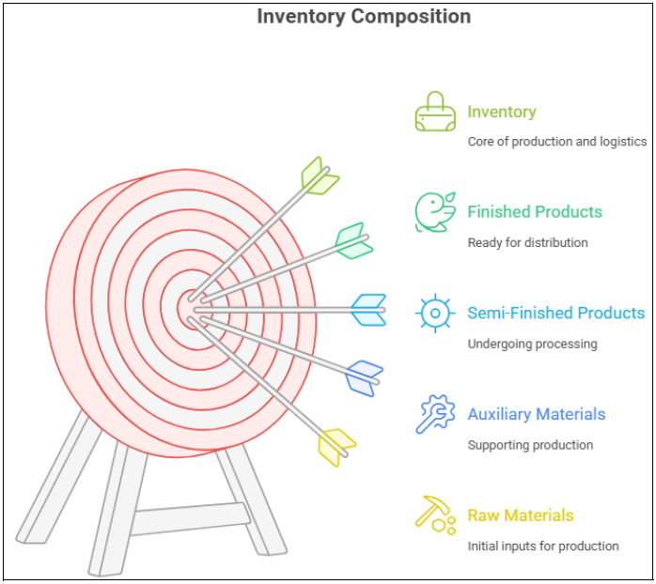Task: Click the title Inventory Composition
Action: pos(364,17)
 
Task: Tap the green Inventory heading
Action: pos(501,112)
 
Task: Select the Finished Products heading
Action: pos(534,212)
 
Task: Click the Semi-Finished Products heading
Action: pos(555,313)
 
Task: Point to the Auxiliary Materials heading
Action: pos(536,414)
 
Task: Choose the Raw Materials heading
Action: pos(520,515)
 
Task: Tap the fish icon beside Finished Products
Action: pos(434,212)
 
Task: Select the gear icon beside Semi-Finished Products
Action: pos(435,313)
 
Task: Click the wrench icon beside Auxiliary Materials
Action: pos(435,414)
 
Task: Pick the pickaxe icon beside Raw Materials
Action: pos(434,515)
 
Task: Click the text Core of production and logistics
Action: pos(556,142)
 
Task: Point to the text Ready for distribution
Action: pos(527,243)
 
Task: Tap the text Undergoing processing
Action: pos(532,344)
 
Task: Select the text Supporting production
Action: pos(530,445)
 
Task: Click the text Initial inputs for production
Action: pos(542,546)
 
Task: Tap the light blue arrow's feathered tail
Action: pos(368,309)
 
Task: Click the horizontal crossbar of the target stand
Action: pos(188,518)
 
